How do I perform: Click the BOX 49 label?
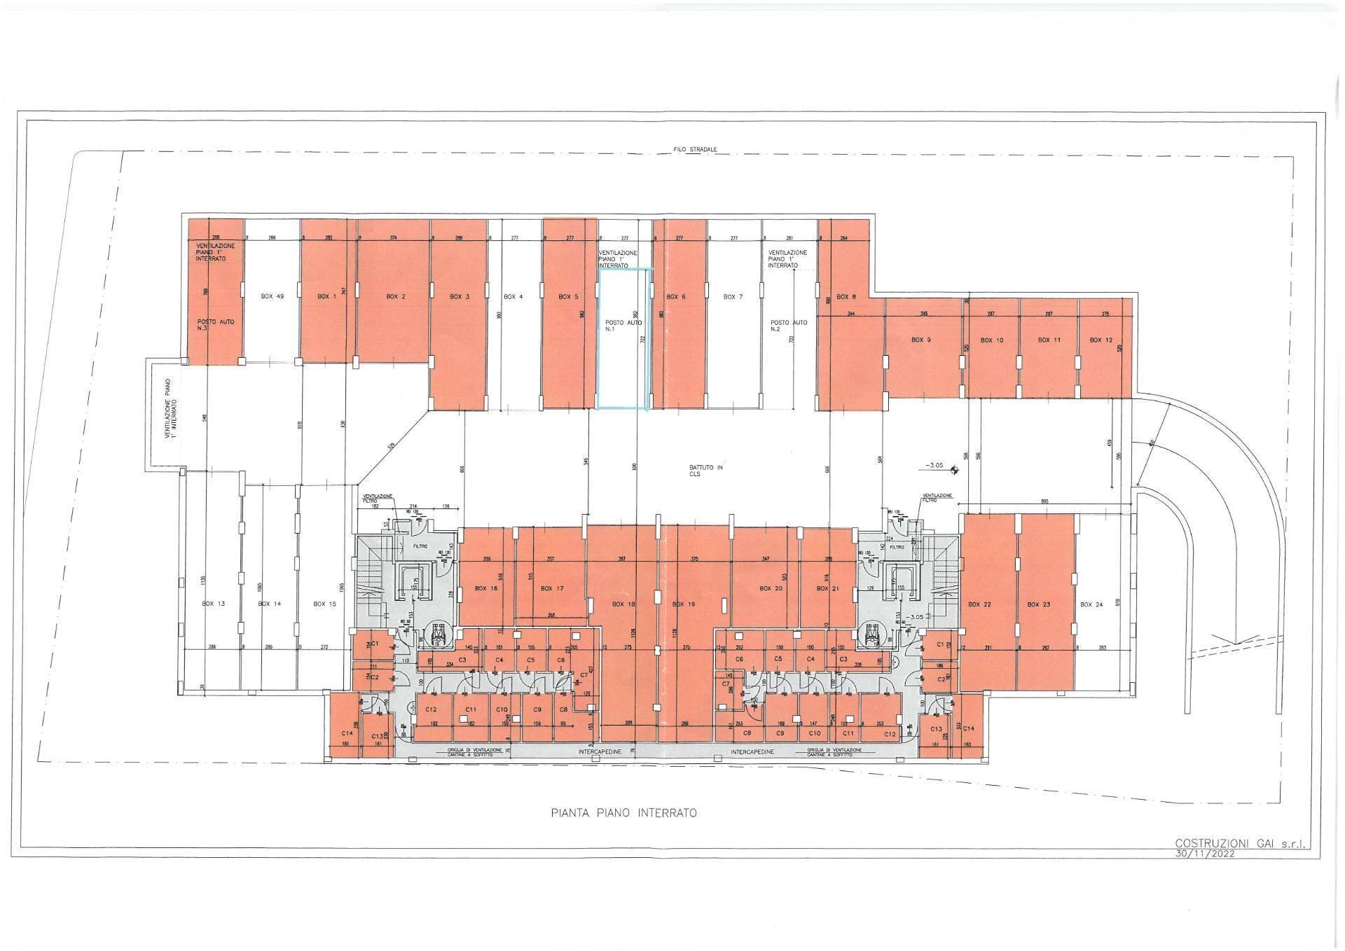click(x=272, y=297)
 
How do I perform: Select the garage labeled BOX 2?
click(x=396, y=297)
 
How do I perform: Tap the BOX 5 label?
click(x=568, y=297)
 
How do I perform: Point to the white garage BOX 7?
click(x=733, y=297)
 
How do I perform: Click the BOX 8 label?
click(x=846, y=297)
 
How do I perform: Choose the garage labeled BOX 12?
click(x=1101, y=340)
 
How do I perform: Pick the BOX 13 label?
click(x=213, y=604)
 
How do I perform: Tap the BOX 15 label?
click(x=324, y=604)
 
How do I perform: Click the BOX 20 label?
click(x=771, y=589)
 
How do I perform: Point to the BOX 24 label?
click(x=1091, y=604)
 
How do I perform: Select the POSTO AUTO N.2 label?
click(x=789, y=326)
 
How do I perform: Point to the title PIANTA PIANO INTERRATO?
click(x=623, y=813)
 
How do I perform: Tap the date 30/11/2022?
click(x=1222, y=854)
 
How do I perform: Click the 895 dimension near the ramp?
click(x=1044, y=501)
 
